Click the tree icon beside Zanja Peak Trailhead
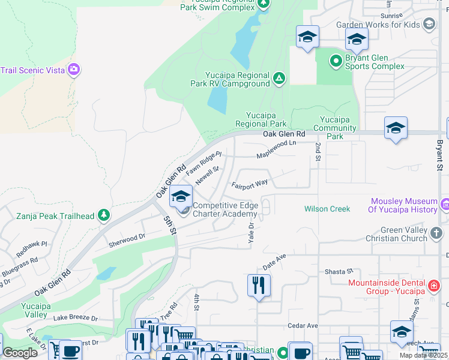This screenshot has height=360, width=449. [x=104, y=215]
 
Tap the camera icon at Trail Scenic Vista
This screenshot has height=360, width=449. [x=74, y=70]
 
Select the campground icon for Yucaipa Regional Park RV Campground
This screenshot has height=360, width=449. [x=279, y=78]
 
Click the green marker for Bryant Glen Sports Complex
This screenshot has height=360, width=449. [x=336, y=61]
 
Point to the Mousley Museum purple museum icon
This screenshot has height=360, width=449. [x=445, y=205]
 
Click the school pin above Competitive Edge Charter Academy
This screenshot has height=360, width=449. [x=181, y=196]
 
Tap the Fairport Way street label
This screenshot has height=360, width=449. [x=250, y=182]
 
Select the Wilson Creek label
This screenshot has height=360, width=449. [x=327, y=209]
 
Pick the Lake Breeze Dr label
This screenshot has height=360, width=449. [x=75, y=317]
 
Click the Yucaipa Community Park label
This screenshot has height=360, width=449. [x=339, y=128]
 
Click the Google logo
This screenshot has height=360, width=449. [x=20, y=353]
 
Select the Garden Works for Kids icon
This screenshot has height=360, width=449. [x=429, y=25]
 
